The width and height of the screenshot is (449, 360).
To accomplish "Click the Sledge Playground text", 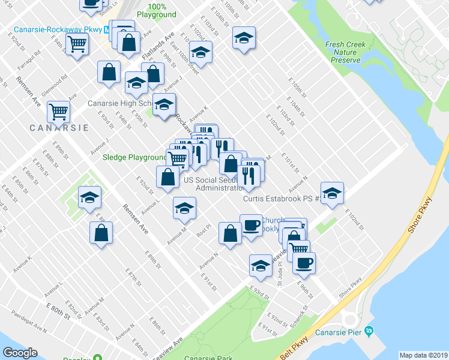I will [x=134, y=158].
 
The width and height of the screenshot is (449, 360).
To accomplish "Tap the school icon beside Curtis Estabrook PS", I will [x=331, y=193].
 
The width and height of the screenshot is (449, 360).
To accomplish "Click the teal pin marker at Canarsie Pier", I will [x=369, y=331].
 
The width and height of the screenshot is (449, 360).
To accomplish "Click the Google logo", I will [x=20, y=353].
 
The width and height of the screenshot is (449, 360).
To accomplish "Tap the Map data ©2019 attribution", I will [x=424, y=355].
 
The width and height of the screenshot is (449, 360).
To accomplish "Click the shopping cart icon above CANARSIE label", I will [x=58, y=112].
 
